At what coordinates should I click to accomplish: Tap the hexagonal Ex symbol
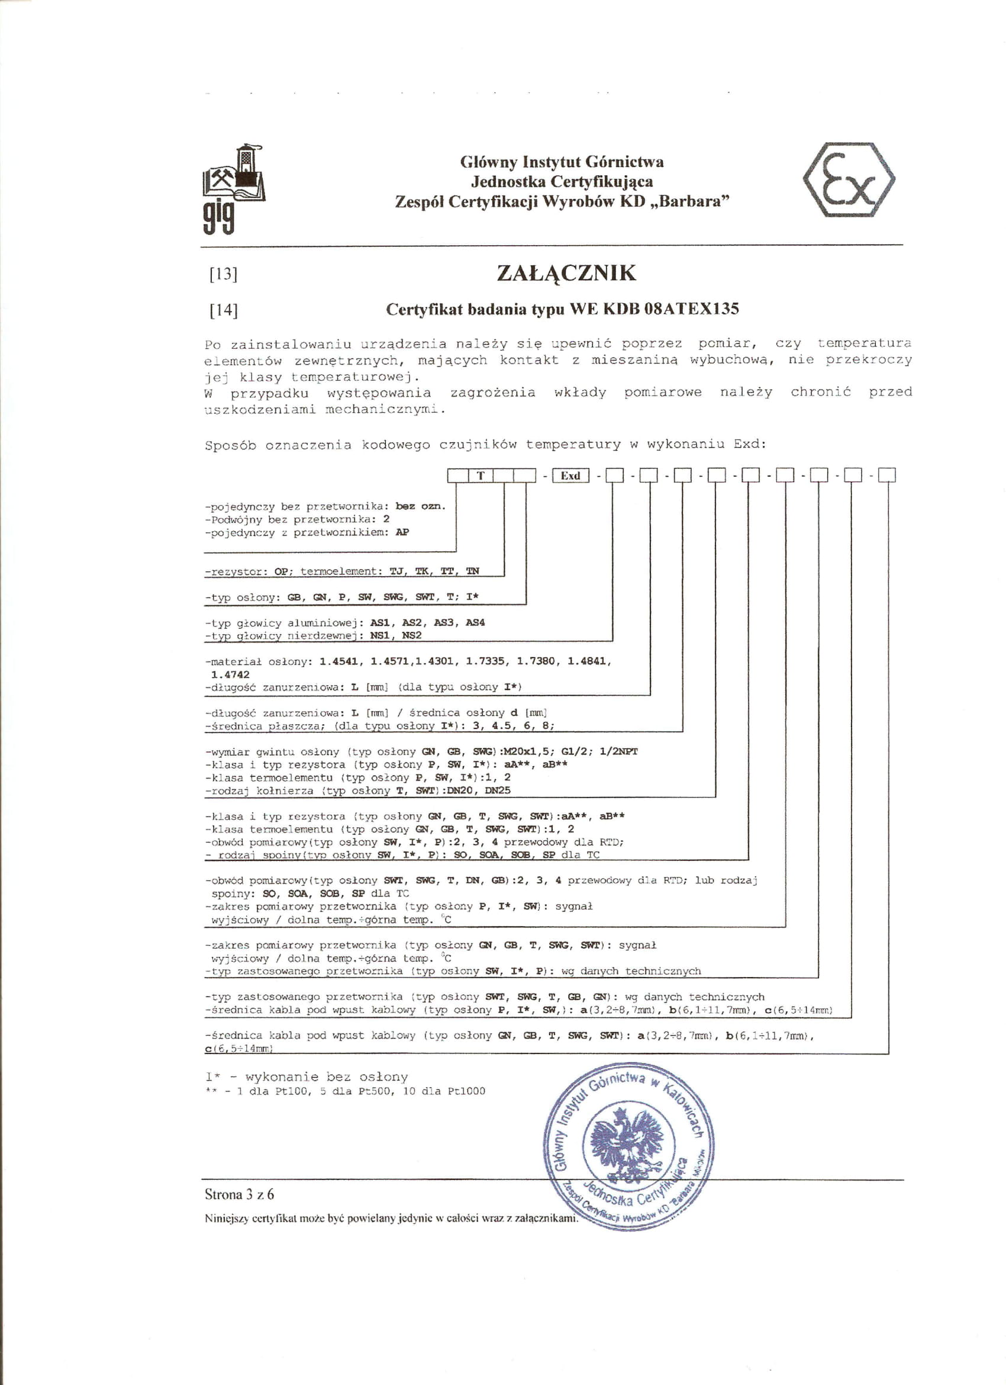point(849,179)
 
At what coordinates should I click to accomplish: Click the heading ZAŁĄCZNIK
point(566,272)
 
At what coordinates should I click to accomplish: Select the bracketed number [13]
point(224,274)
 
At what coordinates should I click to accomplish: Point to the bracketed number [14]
point(224,310)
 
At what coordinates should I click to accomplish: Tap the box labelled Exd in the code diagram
point(570,475)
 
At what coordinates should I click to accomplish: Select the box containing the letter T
point(481,475)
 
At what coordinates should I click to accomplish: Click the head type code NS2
point(411,635)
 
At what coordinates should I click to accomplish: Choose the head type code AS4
point(475,622)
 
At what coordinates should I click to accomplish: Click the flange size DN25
point(498,790)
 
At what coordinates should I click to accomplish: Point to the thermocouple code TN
point(472,571)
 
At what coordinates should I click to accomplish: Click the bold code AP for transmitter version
point(402,532)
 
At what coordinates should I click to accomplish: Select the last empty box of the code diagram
point(886,475)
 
